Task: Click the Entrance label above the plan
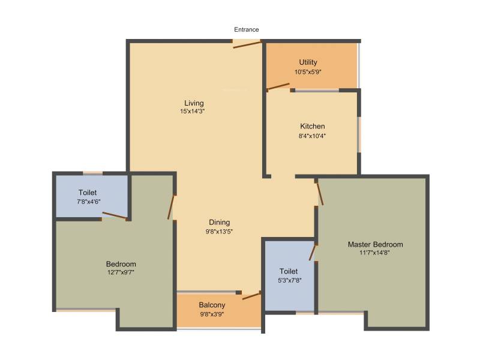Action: tap(247, 29)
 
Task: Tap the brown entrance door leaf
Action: tap(247, 44)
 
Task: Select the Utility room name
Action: tap(308, 62)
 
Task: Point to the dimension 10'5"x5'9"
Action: tap(308, 72)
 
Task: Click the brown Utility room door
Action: tap(278, 87)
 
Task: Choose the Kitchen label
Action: tap(312, 126)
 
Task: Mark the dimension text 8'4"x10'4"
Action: tap(312, 136)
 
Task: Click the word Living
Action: tap(194, 103)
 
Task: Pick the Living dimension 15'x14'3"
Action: tap(193, 112)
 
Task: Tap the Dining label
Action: tap(220, 222)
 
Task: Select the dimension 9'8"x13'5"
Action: tap(219, 232)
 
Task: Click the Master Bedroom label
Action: tap(376, 244)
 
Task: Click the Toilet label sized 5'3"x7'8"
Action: tap(289, 271)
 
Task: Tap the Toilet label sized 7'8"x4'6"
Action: tap(88, 193)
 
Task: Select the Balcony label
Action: tap(212, 305)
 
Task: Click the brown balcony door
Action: tap(251, 296)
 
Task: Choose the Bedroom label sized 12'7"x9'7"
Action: tap(121, 264)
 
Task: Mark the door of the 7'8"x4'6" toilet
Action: tap(114, 215)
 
